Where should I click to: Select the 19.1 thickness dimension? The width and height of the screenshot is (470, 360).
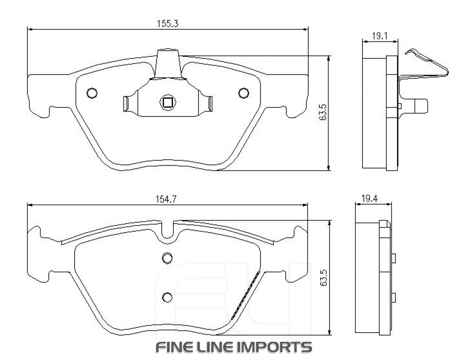379,36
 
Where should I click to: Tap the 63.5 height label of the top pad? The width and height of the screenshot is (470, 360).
323,113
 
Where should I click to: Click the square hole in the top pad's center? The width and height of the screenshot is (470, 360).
168,102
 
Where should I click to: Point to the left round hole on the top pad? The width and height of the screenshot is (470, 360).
92,93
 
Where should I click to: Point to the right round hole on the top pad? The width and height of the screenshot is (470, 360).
243,93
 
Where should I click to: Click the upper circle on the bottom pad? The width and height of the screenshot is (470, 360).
167,257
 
